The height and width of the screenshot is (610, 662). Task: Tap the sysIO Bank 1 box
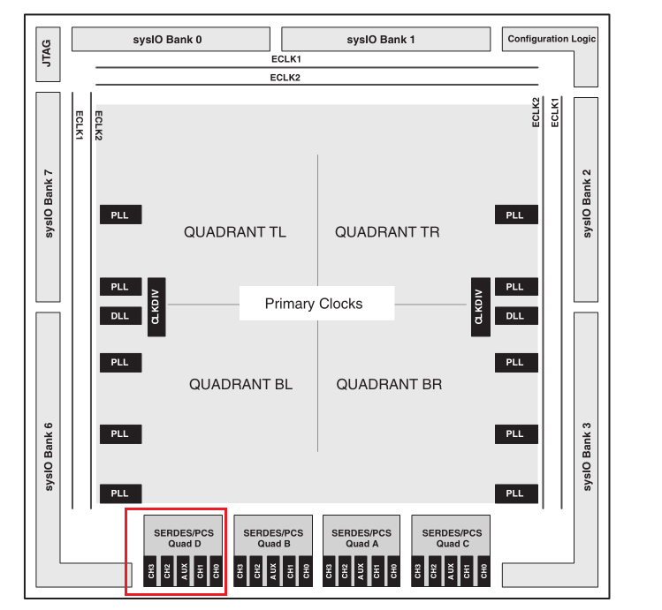point(385,40)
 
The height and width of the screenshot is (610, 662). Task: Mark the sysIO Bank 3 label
point(587,457)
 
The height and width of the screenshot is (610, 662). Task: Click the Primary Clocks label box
point(314,304)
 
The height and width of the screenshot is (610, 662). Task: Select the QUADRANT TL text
point(235,232)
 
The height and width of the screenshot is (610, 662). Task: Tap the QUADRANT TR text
point(387,232)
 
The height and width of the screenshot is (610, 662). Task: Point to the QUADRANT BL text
point(240,385)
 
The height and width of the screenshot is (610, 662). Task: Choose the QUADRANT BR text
point(389,385)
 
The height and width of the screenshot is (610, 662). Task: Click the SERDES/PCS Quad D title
point(185,538)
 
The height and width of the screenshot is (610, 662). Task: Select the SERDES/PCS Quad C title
point(452,538)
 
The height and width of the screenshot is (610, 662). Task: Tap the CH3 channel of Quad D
point(153,572)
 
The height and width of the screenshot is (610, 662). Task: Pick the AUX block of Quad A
point(361,572)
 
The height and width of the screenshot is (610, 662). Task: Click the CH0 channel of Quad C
point(483,572)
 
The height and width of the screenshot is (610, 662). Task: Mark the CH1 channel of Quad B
point(290,572)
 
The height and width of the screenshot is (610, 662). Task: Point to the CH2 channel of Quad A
point(346,572)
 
